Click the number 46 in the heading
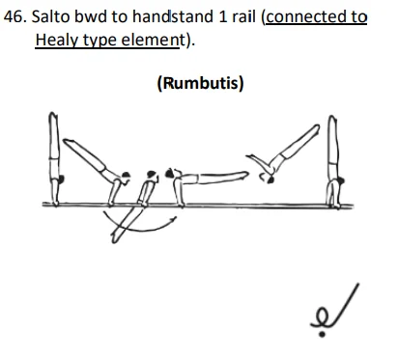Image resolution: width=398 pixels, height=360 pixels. coord(15,17)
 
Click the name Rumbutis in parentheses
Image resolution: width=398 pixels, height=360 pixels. coord(199,83)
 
